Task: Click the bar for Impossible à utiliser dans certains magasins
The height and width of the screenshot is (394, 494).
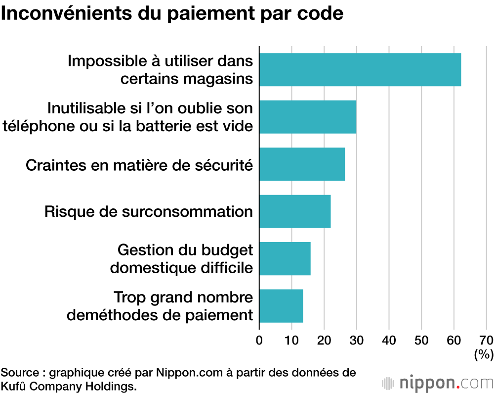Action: (360, 70)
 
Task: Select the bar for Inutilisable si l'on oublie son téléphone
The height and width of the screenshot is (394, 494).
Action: (307, 117)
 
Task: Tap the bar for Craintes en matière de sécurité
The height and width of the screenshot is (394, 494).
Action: (302, 164)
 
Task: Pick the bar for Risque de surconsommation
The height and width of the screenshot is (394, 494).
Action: (294, 211)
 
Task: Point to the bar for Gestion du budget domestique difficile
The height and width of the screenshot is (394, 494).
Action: (285, 258)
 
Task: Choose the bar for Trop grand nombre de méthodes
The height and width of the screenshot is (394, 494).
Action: (281, 306)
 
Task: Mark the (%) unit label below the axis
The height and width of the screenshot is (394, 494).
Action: (483, 354)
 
